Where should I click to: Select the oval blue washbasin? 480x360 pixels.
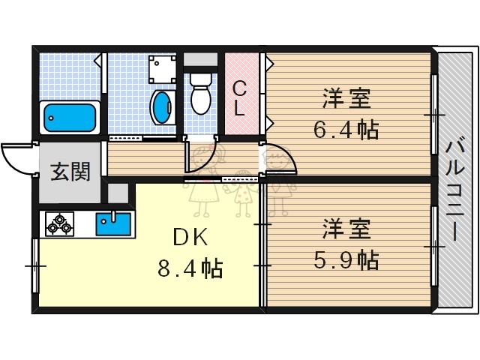pos(160,107)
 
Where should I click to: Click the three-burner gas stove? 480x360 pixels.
pos(59,224)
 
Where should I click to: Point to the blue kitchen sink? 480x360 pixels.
pos(112,223)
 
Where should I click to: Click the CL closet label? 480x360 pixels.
pos(238,98)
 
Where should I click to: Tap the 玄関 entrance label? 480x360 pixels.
pos(70,172)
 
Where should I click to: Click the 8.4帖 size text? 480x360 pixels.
pos(190,267)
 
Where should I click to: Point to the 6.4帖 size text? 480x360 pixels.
pos(345,129)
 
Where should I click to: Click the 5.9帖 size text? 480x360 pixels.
pos(345,259)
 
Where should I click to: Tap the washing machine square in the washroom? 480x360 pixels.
pos(160,70)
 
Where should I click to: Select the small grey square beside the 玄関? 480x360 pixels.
pos(118,192)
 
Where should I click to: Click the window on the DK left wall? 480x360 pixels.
pos(33,265)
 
